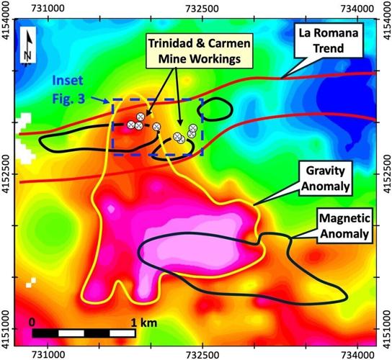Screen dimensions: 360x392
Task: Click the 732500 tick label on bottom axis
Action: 203,353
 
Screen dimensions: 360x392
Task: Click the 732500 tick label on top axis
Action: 203,6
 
